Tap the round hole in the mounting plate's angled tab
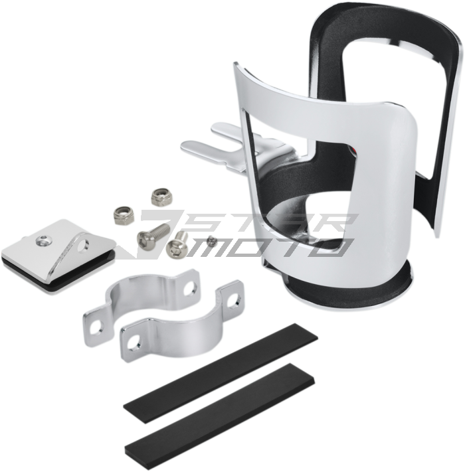tap(82, 246)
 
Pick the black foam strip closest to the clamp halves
tap(221, 373)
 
